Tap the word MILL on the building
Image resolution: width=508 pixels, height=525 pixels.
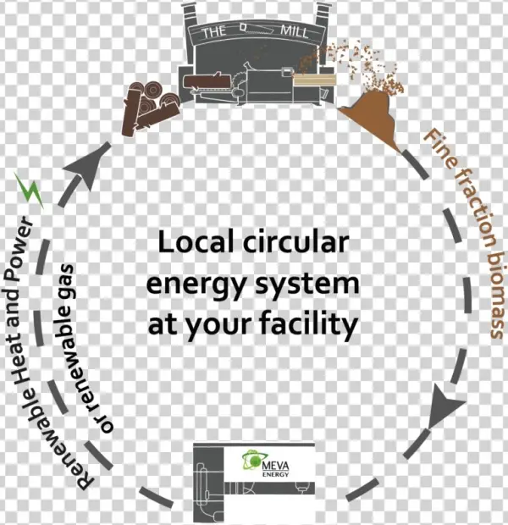298,33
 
